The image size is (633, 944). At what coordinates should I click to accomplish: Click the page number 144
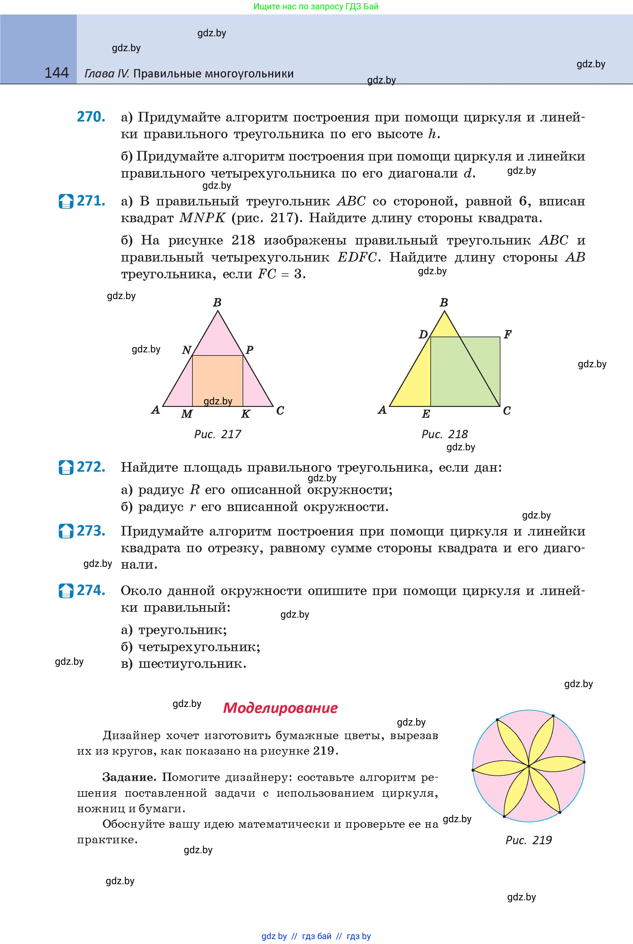[x=56, y=73]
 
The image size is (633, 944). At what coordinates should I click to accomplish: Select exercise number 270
[x=91, y=117]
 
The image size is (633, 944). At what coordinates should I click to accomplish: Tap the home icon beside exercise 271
[x=66, y=201]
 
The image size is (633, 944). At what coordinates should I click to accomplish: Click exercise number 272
[x=91, y=467]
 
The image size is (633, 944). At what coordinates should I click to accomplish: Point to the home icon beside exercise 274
[x=66, y=591]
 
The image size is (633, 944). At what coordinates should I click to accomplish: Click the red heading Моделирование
[x=280, y=708]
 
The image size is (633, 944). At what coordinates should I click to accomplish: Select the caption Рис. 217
[x=218, y=435]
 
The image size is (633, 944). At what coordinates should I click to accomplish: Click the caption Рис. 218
[x=445, y=435]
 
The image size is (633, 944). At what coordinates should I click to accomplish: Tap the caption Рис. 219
[x=529, y=840]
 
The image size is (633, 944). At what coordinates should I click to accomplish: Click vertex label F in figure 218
[x=508, y=334]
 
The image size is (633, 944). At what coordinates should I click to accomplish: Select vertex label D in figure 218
[x=423, y=335]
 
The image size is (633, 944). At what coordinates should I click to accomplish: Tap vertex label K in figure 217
[x=245, y=414]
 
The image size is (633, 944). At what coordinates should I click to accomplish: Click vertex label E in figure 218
[x=426, y=414]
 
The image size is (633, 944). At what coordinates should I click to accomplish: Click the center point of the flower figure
[x=529, y=766]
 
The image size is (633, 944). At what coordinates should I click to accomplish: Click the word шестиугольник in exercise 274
[x=192, y=664]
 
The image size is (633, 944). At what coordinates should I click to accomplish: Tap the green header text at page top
[x=316, y=7]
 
